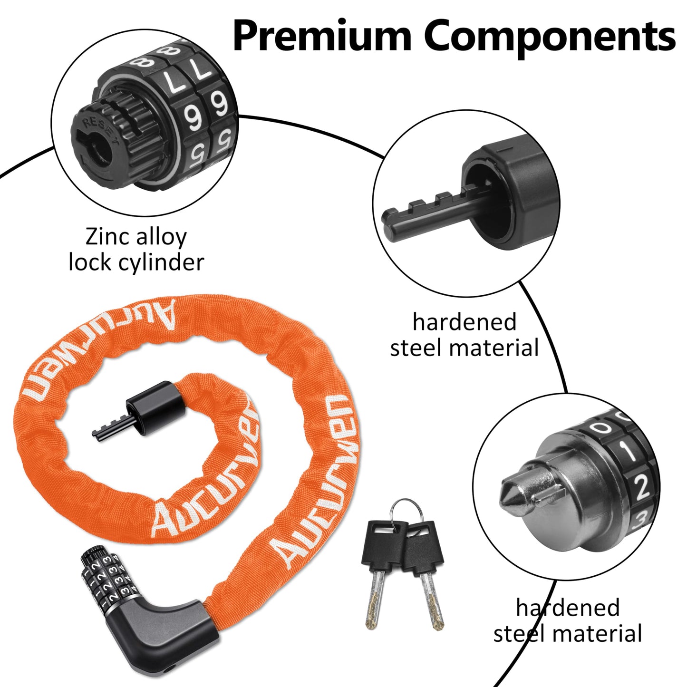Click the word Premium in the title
tap(321, 37)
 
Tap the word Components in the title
tap(550, 37)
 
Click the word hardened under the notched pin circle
tap(464, 322)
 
